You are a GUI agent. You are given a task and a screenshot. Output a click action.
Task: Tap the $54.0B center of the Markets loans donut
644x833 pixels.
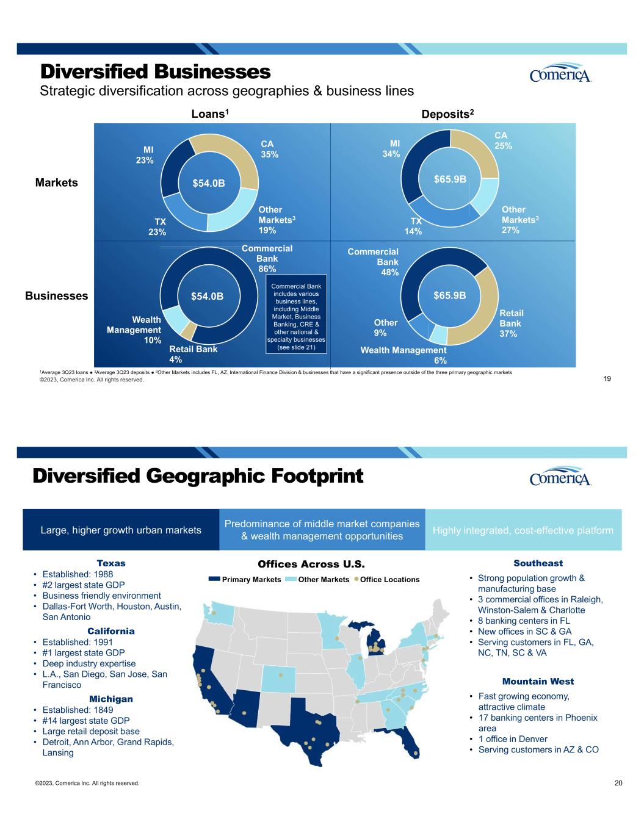(209, 182)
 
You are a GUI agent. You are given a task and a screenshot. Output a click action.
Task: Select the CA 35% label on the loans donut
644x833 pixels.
(269, 150)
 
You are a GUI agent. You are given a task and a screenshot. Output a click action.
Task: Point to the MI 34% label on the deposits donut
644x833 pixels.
(390, 149)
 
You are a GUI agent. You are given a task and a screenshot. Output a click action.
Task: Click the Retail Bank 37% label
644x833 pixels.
(512, 323)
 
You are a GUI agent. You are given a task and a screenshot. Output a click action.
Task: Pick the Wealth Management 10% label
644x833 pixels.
(134, 330)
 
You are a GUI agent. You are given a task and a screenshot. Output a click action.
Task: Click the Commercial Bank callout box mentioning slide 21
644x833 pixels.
(296, 317)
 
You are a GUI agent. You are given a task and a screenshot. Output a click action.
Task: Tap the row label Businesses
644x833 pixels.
(57, 296)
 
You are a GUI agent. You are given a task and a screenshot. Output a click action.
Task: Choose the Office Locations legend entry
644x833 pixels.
(386, 579)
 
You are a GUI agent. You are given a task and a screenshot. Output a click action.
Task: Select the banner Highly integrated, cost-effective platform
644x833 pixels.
(523, 530)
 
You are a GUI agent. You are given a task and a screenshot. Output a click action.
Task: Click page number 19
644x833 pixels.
(615, 379)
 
